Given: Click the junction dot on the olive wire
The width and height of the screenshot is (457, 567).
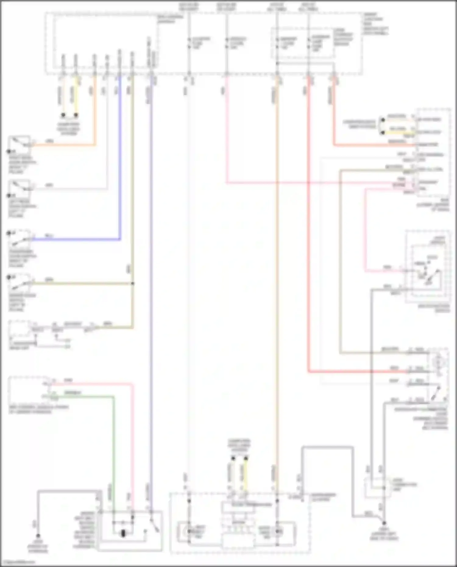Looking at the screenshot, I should tap(133, 283).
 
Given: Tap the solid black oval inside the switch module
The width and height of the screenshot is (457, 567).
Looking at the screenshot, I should tap(123, 533).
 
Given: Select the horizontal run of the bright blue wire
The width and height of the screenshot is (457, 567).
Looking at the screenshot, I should tap(76, 239).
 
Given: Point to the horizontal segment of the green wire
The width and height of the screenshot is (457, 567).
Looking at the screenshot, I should tap(82, 397).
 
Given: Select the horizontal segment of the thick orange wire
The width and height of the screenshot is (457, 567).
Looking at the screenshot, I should tap(64, 145).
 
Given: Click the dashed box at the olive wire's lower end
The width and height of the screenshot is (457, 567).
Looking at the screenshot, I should tap(21, 332).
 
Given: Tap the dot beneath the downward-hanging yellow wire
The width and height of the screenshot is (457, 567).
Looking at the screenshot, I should tap(76, 115).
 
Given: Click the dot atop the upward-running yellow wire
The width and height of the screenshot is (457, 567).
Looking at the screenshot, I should tap(246, 458).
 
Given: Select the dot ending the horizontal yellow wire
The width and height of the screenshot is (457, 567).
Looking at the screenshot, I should tap(383, 132).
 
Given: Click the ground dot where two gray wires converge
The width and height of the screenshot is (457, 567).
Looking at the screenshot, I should tap(384, 523).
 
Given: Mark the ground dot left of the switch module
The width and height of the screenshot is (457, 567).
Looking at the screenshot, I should tap(38, 536).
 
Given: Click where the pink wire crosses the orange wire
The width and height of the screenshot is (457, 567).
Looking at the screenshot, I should tap(277, 183).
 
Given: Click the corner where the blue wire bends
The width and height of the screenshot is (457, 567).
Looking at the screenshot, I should tap(120, 239).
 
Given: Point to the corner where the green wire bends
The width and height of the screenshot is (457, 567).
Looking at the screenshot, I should tap(113, 397).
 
